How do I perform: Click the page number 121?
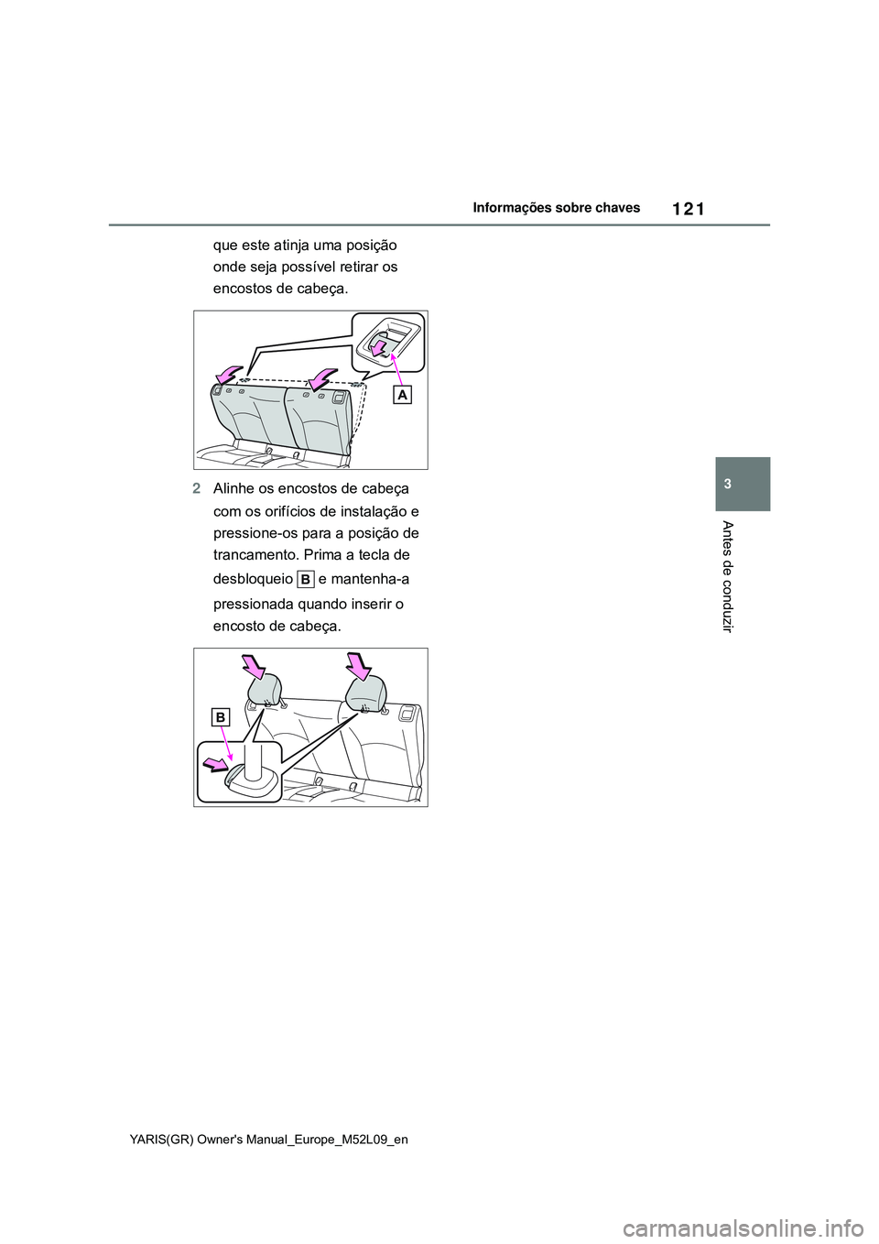pyautogui.click(x=688, y=210)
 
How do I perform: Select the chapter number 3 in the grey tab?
pyautogui.click(x=743, y=484)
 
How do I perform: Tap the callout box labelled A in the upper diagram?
pyautogui.click(x=403, y=395)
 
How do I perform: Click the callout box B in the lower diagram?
pyautogui.click(x=221, y=718)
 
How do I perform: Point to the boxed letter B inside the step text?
pyautogui.click(x=305, y=581)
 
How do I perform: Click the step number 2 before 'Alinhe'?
pyautogui.click(x=197, y=489)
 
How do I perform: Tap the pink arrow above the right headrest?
pyautogui.click(x=359, y=666)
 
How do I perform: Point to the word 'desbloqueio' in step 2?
pyautogui.click(x=254, y=580)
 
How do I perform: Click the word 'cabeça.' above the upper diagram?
pyautogui.click(x=323, y=289)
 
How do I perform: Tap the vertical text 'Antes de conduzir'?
pyautogui.click(x=729, y=577)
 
